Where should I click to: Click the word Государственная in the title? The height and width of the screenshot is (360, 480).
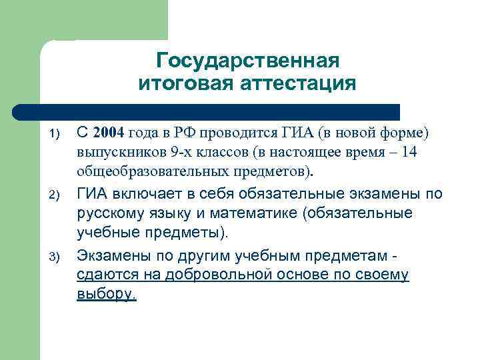point(247,61)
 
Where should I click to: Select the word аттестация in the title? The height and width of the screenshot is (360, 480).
point(299,84)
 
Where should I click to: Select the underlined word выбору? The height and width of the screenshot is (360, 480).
point(106,294)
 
